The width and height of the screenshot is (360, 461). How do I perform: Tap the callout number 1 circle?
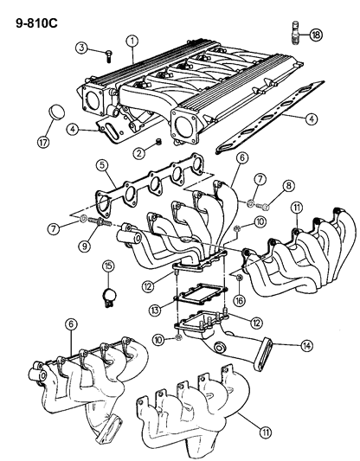click(132, 40)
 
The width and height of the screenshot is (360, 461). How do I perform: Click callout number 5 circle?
click(101, 164)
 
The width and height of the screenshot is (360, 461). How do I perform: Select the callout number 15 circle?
click(108, 266)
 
